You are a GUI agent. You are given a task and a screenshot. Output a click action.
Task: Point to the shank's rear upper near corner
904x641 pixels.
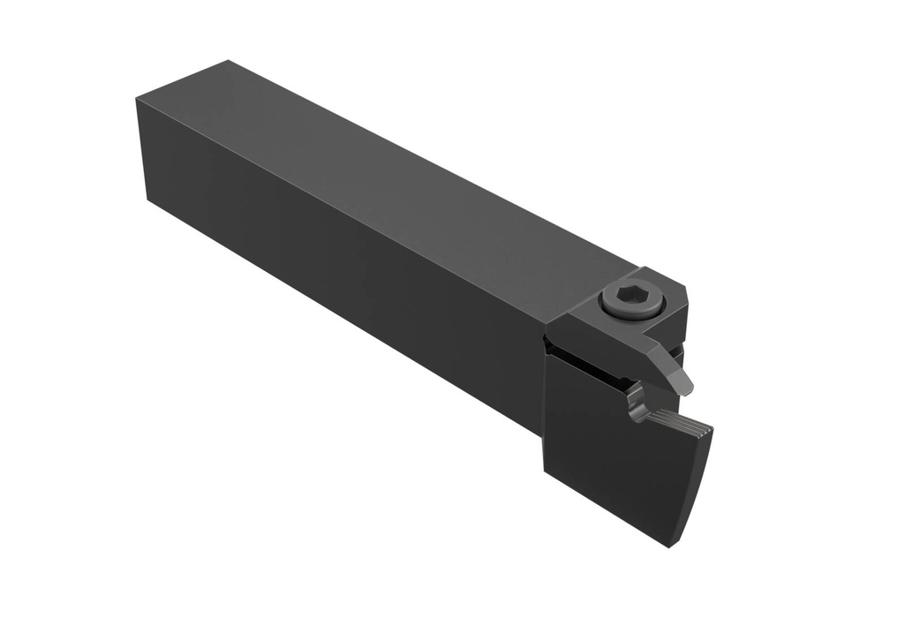click(138, 100)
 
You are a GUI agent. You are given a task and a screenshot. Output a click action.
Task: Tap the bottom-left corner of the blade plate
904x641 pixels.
click(541, 477)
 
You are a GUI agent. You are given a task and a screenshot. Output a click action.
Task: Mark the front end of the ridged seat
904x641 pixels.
click(708, 430)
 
